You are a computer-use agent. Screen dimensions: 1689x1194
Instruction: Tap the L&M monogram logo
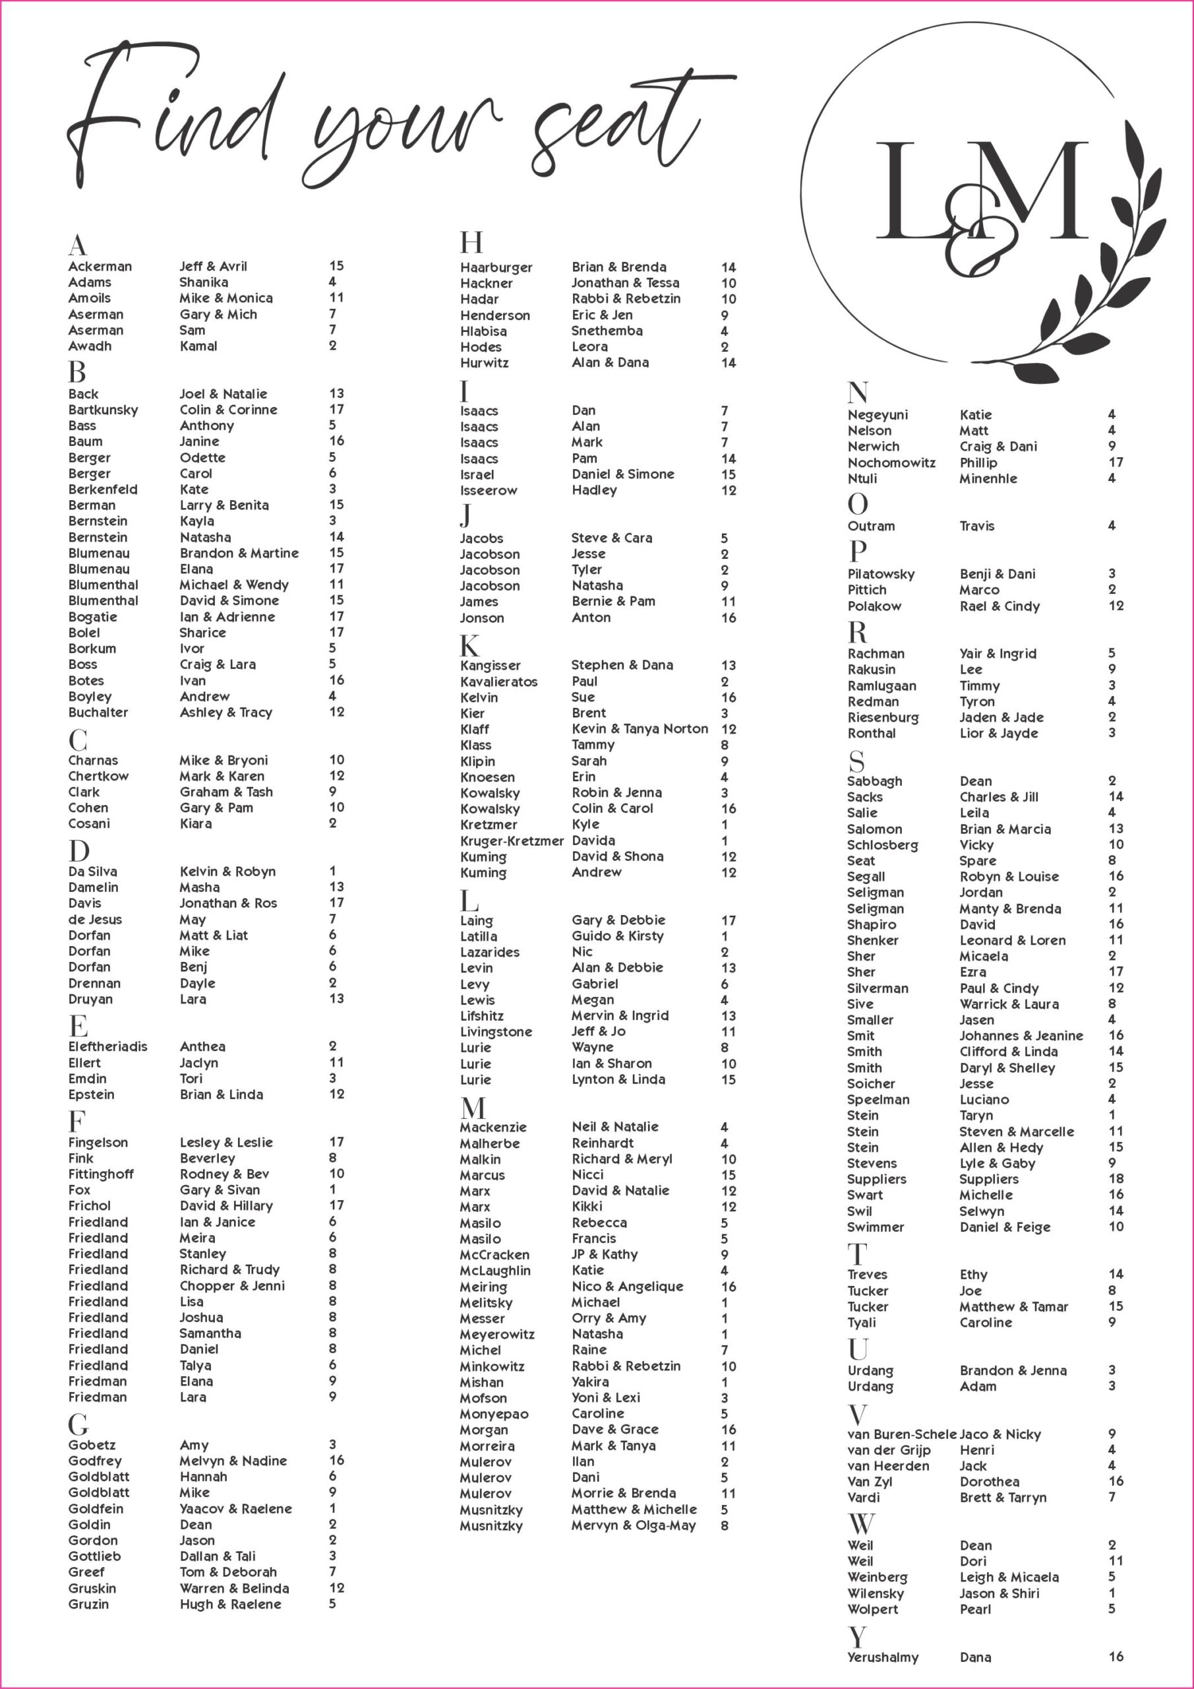[982, 199]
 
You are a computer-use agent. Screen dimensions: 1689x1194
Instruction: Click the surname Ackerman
[100, 267]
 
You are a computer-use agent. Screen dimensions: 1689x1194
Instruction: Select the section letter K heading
[469, 645]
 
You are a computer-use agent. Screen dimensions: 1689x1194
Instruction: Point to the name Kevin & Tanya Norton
[640, 729]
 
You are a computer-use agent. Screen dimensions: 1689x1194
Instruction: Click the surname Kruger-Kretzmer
[512, 841]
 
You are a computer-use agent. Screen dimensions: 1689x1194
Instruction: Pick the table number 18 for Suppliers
[1116, 1179]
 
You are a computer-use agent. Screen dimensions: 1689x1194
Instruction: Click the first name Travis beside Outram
[976, 526]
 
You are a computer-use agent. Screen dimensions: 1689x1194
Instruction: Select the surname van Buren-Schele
[901, 1434]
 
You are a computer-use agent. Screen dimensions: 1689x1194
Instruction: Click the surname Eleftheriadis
[107, 1047]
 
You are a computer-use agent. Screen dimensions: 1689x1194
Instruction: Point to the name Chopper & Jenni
[231, 1286]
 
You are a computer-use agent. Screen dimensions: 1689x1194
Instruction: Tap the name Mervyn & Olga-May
[633, 1525]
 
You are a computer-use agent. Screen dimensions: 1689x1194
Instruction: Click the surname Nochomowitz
[891, 462]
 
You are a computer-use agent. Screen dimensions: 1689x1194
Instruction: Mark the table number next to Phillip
[1116, 462]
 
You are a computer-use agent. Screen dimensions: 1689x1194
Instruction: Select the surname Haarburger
[496, 268]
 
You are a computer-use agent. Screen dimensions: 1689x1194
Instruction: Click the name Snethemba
[607, 331]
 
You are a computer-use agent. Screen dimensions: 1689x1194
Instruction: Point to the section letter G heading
[78, 1425]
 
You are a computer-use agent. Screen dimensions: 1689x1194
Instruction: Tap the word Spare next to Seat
[977, 861]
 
